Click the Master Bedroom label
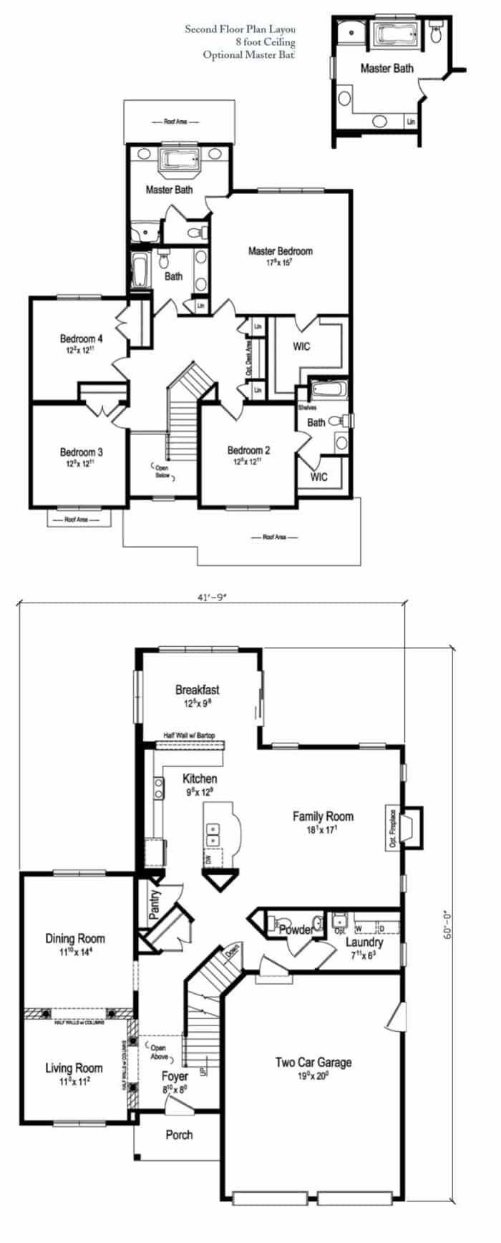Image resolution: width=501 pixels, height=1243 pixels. coord(280,251)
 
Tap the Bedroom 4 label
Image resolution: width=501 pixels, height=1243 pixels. coord(81,338)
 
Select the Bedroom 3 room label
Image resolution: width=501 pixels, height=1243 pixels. coord(81,452)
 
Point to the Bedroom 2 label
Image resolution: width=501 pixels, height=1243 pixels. coord(248,450)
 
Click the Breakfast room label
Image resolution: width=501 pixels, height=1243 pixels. coord(197,690)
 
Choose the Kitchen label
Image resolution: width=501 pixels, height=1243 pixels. coord(200,779)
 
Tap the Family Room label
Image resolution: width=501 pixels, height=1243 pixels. coord(323,816)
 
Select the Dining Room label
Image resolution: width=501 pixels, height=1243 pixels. coord(75,938)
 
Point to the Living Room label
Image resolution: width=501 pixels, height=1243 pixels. coord(74,1068)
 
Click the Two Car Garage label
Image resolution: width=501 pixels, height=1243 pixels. coord(313,1062)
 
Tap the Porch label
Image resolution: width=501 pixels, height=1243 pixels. coord(179,1134)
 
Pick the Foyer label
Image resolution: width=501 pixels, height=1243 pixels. coord(175,1076)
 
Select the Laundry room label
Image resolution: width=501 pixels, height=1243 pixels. coord(365,942)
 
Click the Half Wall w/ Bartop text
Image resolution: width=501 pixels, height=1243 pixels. coord(189,735)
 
